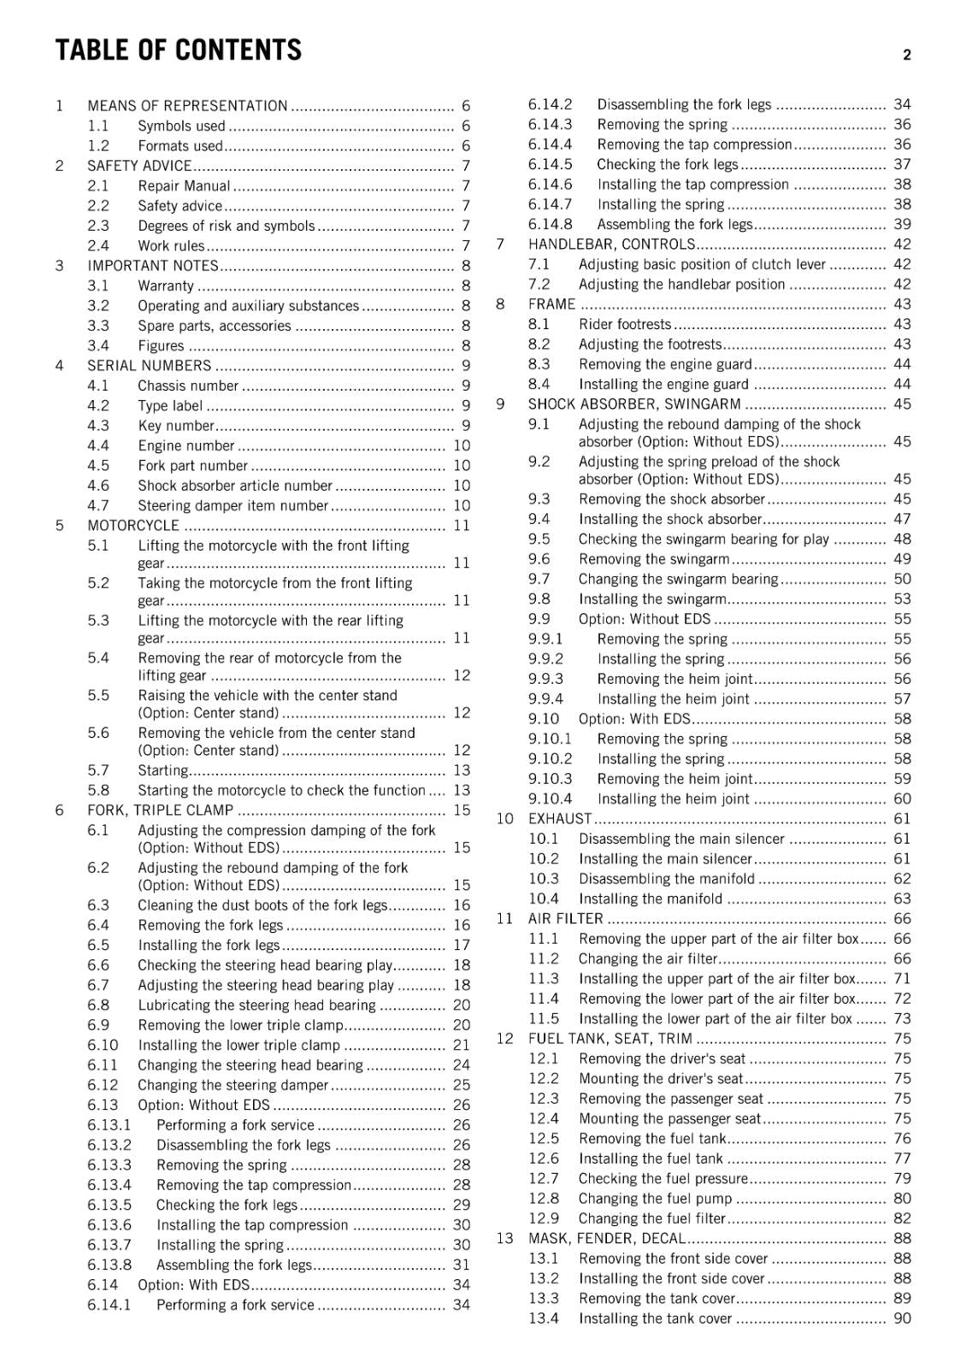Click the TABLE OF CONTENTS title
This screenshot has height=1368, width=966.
tap(178, 50)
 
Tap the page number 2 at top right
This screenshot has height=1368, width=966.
tap(906, 56)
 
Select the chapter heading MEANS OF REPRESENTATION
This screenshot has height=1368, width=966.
tap(187, 106)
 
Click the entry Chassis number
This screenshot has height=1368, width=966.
tap(188, 386)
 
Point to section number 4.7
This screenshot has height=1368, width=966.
tap(98, 505)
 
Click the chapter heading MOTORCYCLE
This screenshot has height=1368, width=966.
tap(133, 526)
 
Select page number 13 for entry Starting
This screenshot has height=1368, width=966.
tap(462, 770)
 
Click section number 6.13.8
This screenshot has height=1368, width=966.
tap(109, 1265)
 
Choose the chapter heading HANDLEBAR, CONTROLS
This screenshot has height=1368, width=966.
tap(611, 245)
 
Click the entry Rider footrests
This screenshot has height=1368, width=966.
tap(625, 324)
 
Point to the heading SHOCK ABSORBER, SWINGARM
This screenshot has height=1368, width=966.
tap(634, 404)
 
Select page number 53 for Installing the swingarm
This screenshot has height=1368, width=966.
tap(902, 599)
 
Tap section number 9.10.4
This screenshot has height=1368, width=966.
tap(550, 799)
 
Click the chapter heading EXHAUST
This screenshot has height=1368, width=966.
tap(560, 819)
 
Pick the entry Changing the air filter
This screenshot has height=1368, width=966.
tap(647, 958)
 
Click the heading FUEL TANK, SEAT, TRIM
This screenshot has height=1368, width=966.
tap(610, 1039)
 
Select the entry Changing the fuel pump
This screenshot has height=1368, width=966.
tap(655, 1199)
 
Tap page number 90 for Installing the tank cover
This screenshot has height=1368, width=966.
tap(902, 1318)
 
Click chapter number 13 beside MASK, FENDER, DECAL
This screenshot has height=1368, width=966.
tap(504, 1239)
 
